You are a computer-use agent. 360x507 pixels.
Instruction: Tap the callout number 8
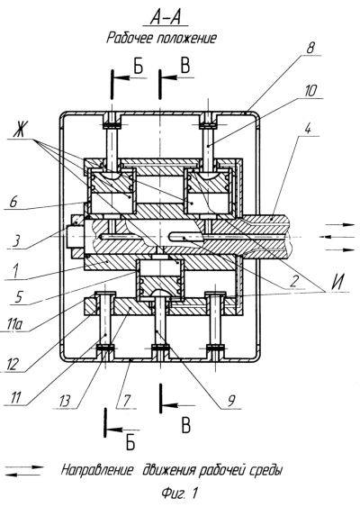[x=310, y=48]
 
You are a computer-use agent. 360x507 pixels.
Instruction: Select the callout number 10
[x=310, y=91]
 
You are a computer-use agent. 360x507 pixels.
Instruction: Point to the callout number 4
[x=307, y=129]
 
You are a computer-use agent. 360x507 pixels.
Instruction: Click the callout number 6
[x=13, y=202]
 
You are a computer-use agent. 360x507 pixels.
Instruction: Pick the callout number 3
[x=16, y=240]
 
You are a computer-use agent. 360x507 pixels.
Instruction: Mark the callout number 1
[x=15, y=271]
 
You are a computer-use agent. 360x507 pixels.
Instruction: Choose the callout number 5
[x=18, y=297]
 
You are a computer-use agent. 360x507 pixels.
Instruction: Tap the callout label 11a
[x=15, y=325]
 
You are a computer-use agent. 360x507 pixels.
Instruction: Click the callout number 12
[x=13, y=365]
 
